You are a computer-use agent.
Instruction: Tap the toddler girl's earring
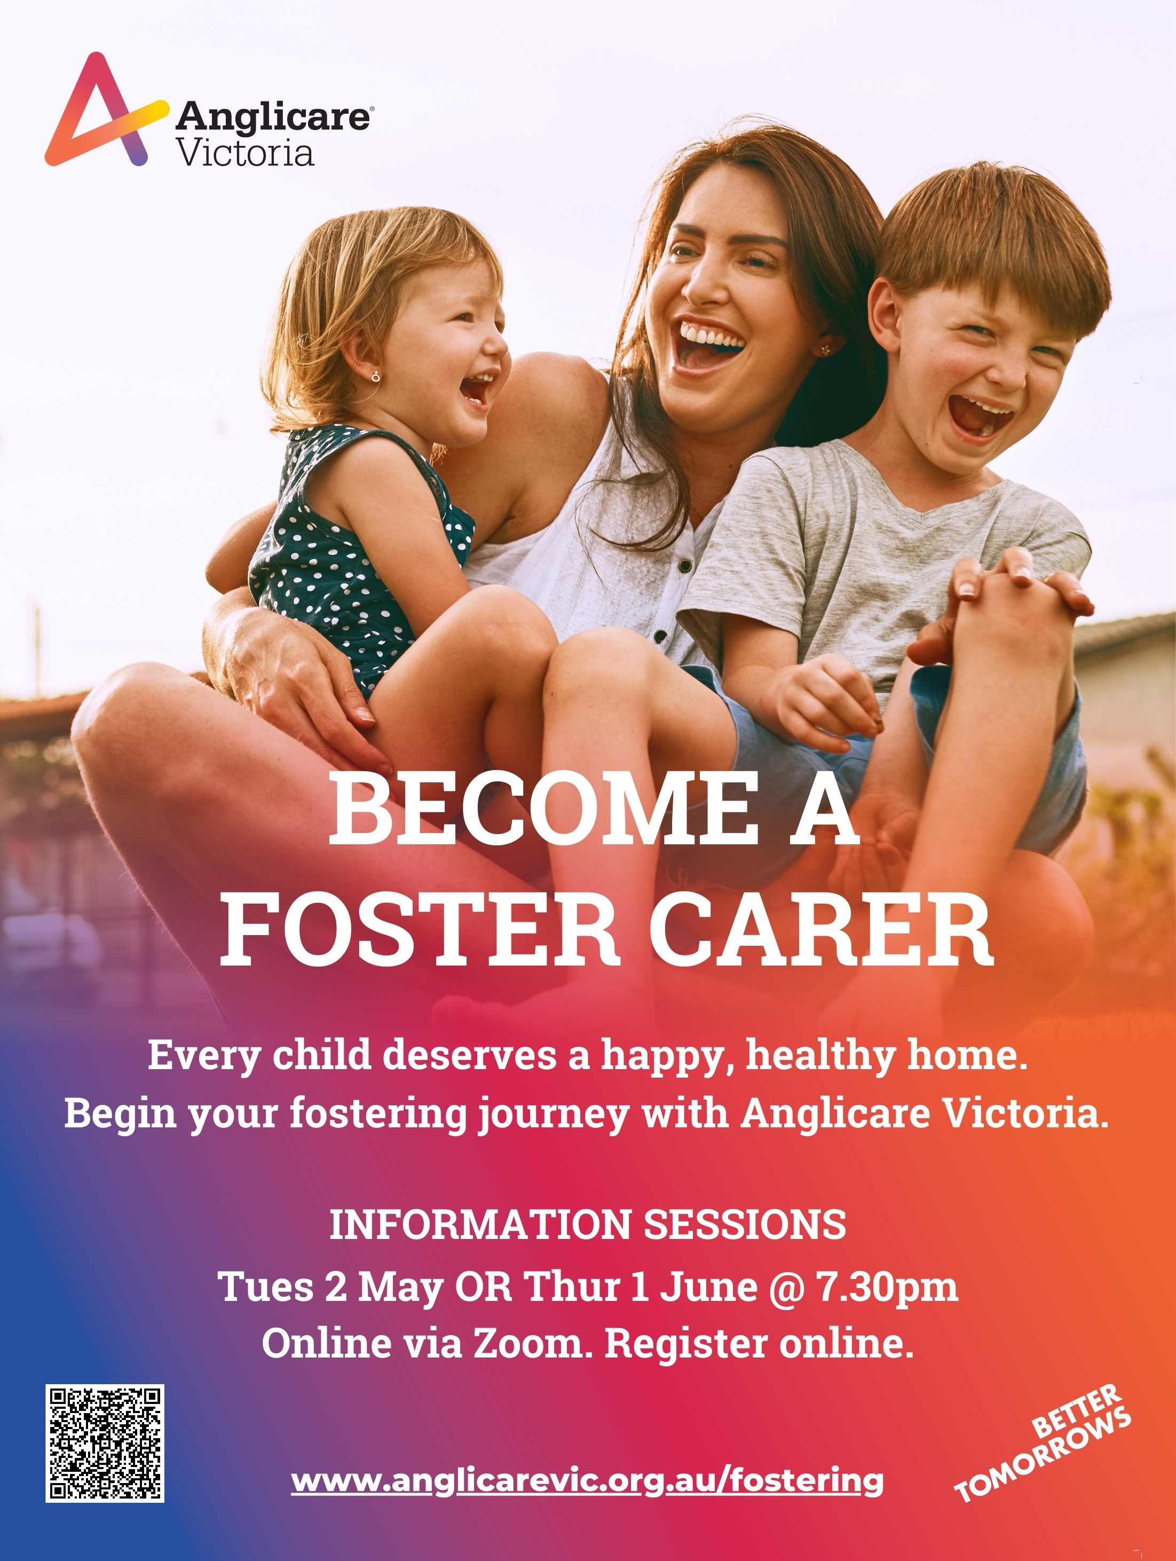[x=376, y=376]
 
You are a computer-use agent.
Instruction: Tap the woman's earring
[x=823, y=349]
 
